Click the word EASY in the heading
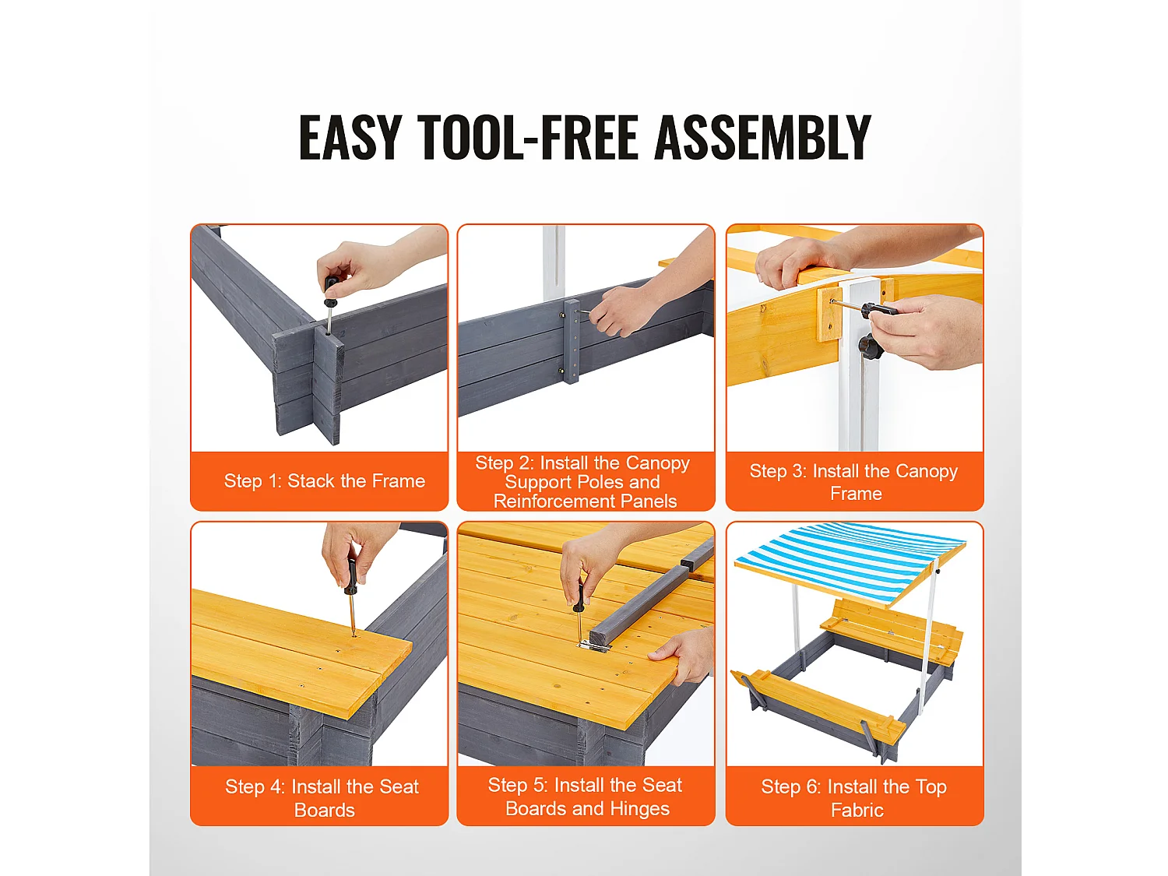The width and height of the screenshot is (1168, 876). click(x=350, y=137)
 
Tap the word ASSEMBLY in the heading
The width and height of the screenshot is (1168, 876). click(x=762, y=137)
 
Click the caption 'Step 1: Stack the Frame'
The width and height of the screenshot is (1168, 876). click(x=325, y=480)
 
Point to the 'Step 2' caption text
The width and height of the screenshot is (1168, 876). click(x=584, y=482)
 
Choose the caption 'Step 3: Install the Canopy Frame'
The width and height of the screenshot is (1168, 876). click(x=853, y=482)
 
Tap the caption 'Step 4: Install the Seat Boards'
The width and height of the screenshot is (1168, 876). click(x=322, y=798)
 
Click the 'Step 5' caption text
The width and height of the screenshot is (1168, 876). click(x=586, y=797)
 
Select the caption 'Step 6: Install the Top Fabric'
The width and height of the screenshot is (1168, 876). click(x=854, y=798)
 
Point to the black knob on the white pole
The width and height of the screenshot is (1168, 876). click(x=870, y=347)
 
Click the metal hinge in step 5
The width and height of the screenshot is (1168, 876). click(x=595, y=646)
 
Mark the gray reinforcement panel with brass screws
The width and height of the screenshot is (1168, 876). click(x=572, y=341)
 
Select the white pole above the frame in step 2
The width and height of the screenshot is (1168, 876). click(x=554, y=260)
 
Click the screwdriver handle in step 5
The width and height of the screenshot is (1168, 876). click(x=578, y=596)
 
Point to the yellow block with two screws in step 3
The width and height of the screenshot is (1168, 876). click(x=829, y=315)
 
